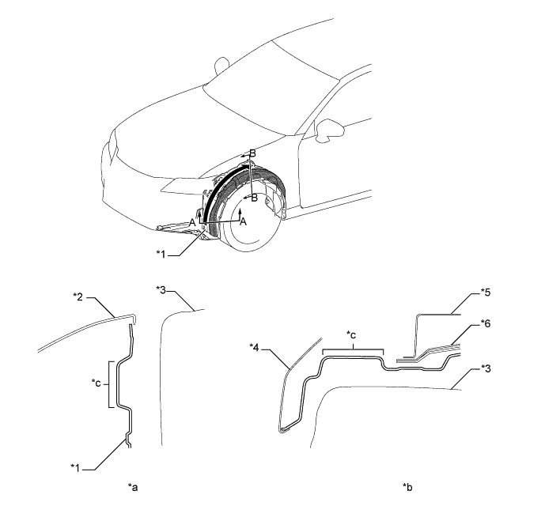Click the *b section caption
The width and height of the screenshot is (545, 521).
407,487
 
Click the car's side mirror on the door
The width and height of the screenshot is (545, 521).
324,130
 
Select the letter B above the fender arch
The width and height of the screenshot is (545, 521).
252,153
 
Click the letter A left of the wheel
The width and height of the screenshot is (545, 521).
192,224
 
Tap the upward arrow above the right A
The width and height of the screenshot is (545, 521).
241,212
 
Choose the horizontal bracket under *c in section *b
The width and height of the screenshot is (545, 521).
353,348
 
